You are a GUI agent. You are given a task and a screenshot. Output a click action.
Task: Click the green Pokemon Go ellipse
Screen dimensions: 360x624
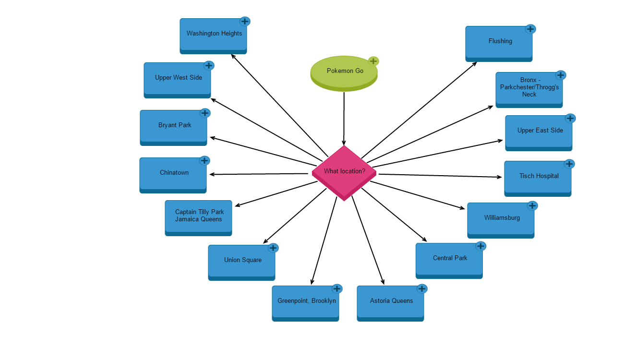[x=344, y=72]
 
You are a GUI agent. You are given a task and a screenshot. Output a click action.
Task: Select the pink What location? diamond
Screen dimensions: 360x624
[x=344, y=172]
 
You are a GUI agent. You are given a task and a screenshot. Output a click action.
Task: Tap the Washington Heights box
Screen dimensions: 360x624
[x=213, y=35]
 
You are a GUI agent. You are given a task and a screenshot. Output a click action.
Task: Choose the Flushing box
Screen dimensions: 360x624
[x=499, y=42]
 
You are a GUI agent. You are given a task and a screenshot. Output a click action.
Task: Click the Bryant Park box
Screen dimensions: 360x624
[x=173, y=126]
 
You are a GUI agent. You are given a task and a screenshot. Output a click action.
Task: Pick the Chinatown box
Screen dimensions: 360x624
[x=173, y=174]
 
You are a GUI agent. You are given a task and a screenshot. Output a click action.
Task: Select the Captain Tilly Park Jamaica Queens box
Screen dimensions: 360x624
[x=198, y=216]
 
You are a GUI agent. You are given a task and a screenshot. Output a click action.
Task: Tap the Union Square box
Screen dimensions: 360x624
[x=241, y=261]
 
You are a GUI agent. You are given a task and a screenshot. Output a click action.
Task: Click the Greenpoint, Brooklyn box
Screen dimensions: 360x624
[x=305, y=302]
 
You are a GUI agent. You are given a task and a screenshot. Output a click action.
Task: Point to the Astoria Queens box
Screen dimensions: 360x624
[x=390, y=302]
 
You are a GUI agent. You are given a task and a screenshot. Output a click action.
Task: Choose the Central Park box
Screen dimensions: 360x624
[x=449, y=259]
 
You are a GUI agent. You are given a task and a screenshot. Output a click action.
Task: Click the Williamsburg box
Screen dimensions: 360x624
[x=501, y=219]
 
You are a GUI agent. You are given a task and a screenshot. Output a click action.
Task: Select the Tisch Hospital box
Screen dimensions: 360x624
[x=538, y=177]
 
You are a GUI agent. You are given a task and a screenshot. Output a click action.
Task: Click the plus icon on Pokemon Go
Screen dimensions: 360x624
[x=373, y=61]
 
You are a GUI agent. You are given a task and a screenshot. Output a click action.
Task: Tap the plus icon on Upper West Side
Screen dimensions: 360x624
[x=209, y=65]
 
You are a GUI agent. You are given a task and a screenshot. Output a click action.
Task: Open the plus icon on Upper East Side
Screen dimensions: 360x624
[x=570, y=118]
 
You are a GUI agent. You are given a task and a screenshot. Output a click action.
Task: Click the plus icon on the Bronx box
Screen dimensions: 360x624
[x=561, y=75]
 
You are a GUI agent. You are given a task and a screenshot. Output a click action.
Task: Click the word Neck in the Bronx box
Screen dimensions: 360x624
[x=529, y=95]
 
